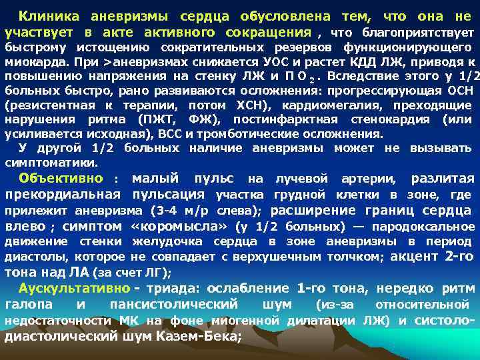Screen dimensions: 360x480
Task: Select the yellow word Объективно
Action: [x=61, y=178]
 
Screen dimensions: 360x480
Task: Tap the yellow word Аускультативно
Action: [x=74, y=289]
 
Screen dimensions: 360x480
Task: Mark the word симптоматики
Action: [x=51, y=162]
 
